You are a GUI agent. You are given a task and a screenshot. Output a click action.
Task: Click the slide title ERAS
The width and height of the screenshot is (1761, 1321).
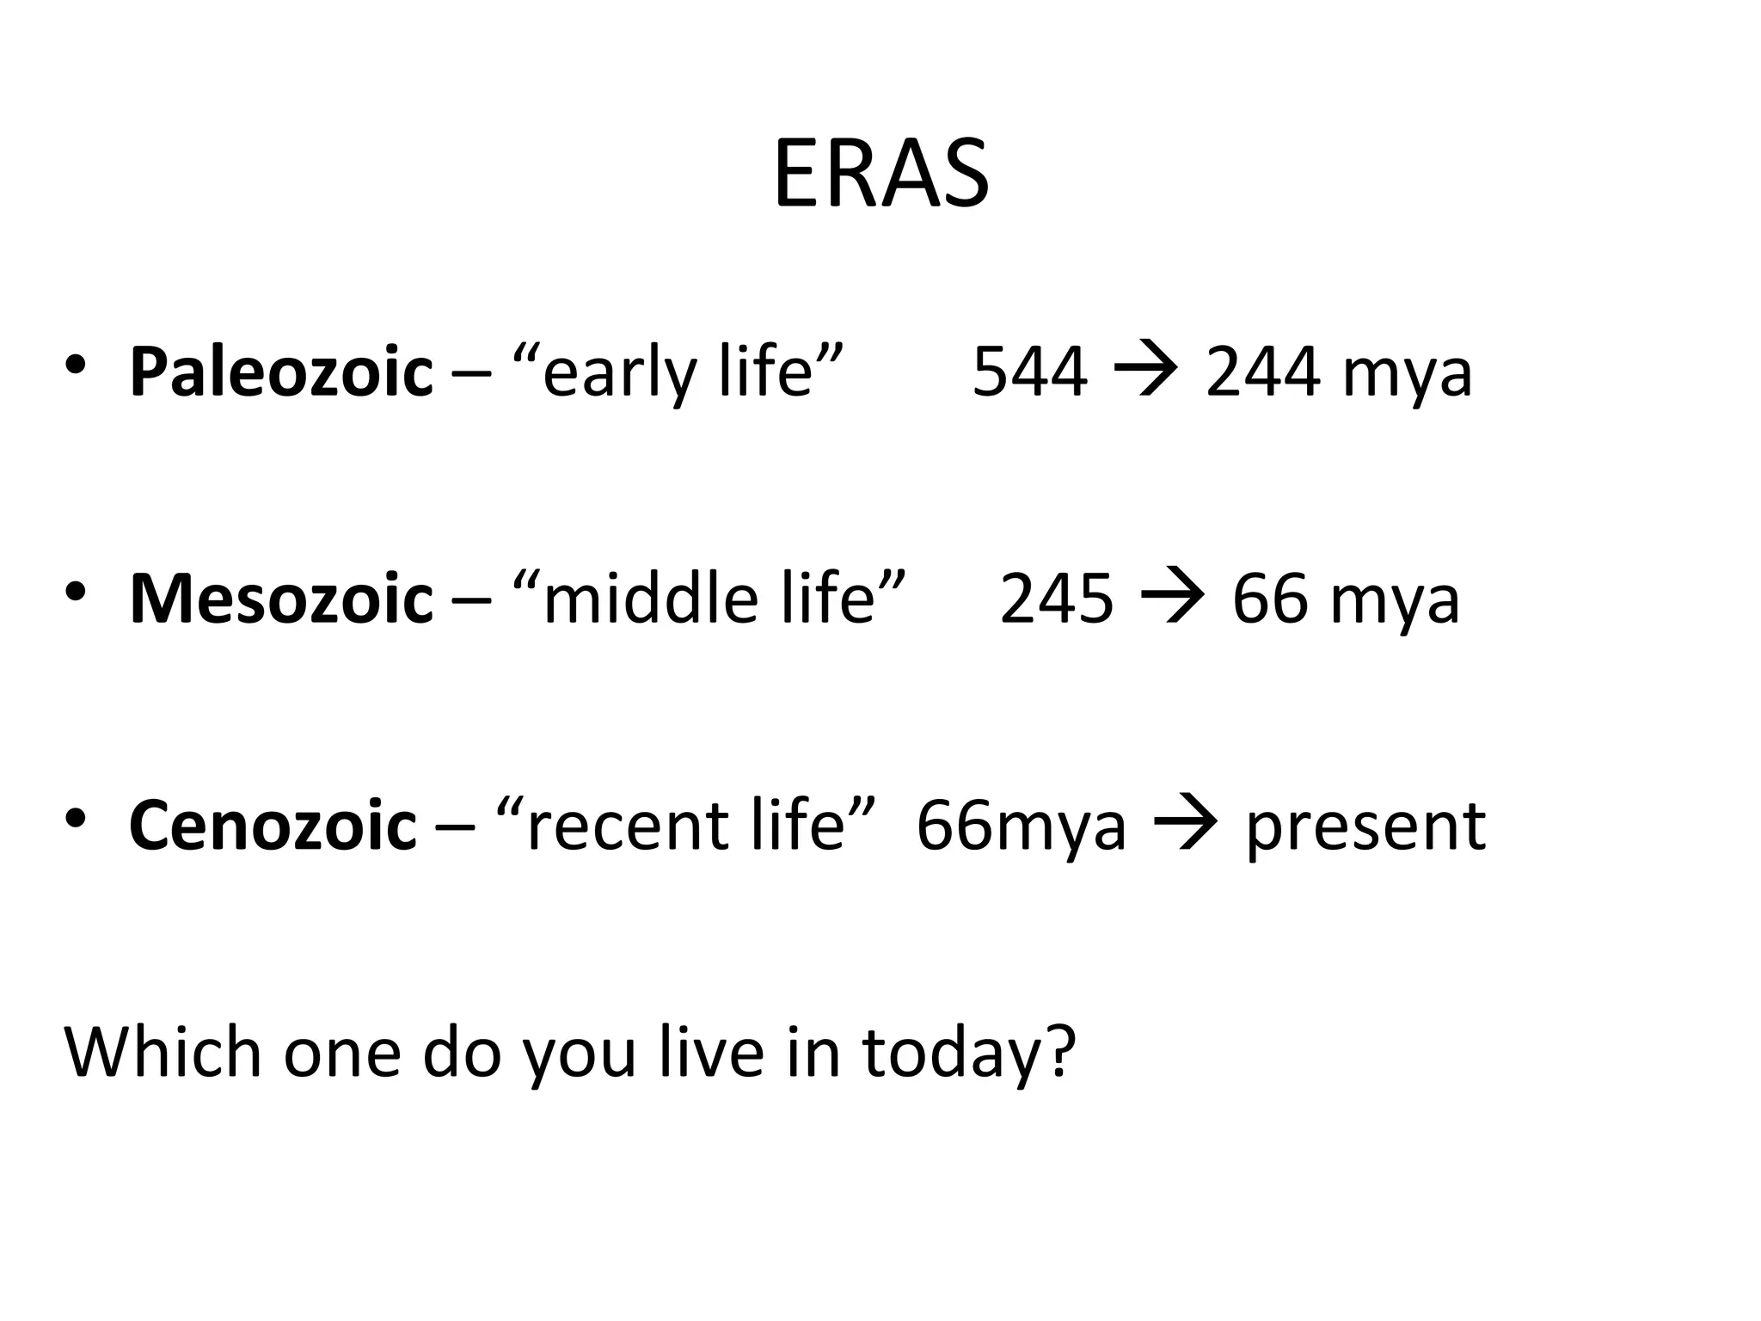click(x=880, y=175)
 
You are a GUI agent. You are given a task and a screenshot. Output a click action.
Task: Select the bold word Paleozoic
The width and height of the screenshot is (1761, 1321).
click(x=280, y=372)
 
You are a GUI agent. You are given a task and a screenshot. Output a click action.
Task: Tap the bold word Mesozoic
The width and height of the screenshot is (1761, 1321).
click(x=280, y=599)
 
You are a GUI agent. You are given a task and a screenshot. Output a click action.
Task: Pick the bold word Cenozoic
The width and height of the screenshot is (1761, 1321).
click(x=272, y=826)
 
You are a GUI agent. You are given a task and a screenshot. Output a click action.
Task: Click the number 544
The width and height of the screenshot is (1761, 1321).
click(x=1029, y=372)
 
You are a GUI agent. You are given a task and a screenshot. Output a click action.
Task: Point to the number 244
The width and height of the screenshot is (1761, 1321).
click(x=1262, y=372)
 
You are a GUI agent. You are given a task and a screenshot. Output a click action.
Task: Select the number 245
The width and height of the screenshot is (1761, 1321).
click(x=1056, y=599)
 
